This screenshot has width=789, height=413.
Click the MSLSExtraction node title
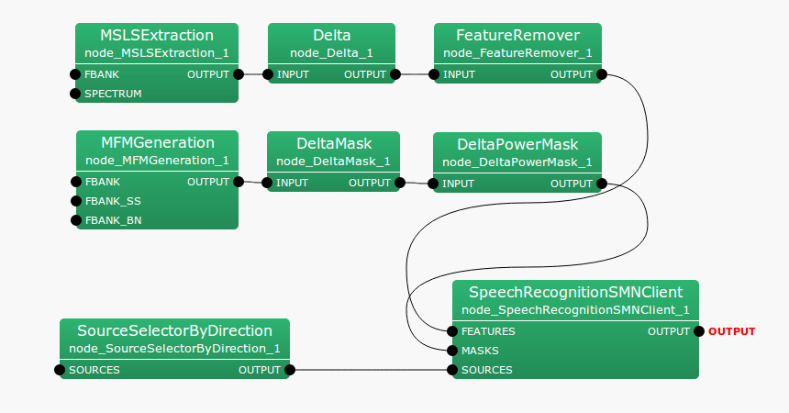coord(157,36)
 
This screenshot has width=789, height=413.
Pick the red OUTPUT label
coord(732,331)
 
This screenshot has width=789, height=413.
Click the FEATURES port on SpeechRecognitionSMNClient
coord(452,331)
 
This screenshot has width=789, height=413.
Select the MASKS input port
coord(452,351)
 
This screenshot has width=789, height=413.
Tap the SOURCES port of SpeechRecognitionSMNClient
coord(452,370)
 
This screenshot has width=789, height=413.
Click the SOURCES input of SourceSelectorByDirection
coord(61,370)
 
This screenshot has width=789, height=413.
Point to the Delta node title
coord(331,36)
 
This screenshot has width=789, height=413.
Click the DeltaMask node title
coord(333,143)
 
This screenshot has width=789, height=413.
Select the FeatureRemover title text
coord(517,36)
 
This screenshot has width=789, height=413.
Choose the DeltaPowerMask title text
coord(517,144)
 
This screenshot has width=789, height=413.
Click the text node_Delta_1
coord(331,53)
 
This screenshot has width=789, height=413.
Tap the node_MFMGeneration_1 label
coord(157,161)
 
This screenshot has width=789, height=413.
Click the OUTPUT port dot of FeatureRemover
coord(602,74)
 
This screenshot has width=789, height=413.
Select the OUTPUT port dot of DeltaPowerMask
coord(602,184)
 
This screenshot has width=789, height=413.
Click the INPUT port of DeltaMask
coord(267,183)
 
